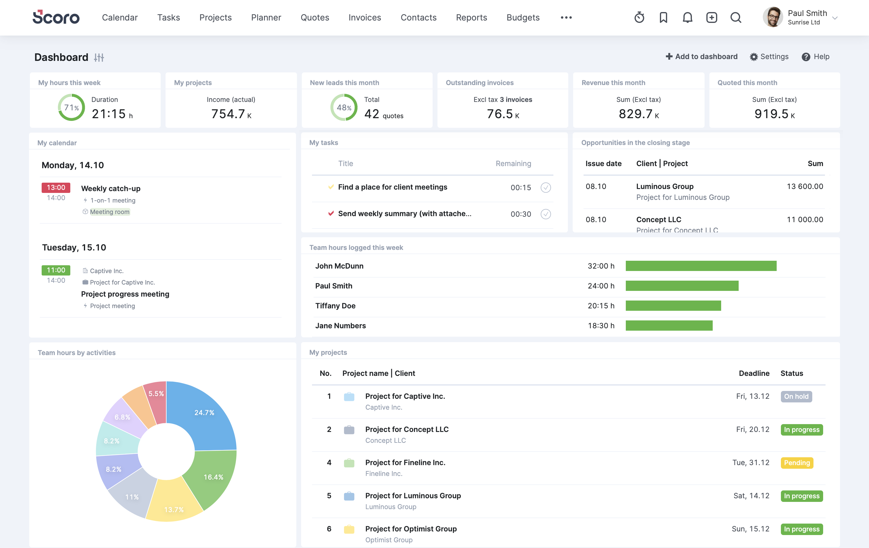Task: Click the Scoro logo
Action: coord(56,17)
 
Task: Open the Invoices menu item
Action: coord(364,17)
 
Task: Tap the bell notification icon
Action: coord(687,17)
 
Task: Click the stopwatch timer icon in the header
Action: coord(639,17)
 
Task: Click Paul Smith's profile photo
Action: coord(772,17)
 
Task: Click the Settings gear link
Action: coord(769,57)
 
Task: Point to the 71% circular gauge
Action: coord(72,107)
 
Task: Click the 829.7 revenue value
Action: coord(635,114)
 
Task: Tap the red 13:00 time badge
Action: coord(56,187)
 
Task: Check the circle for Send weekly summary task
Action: coord(545,214)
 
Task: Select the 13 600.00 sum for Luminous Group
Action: coord(804,186)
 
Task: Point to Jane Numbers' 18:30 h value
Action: coord(600,326)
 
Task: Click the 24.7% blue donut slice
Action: coord(206,414)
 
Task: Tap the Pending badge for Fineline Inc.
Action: coord(797,463)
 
